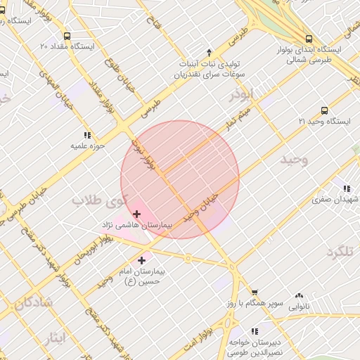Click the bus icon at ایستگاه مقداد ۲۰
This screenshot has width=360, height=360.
coord(67,36)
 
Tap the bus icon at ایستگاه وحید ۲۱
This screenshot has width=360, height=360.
coord(324,110)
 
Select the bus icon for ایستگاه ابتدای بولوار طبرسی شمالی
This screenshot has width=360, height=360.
coord(309,39)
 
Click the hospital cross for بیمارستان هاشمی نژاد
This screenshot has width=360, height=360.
coord(136,213)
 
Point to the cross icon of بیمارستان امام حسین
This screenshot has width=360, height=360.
coord(142,261)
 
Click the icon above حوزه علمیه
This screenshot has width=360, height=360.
coord(87,135)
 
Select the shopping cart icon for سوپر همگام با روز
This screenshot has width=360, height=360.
coord(255,292)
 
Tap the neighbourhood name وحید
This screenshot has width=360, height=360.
coord(295,161)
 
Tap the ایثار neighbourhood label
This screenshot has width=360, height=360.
coord(53,337)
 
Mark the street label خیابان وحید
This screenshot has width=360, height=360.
coord(202,207)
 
